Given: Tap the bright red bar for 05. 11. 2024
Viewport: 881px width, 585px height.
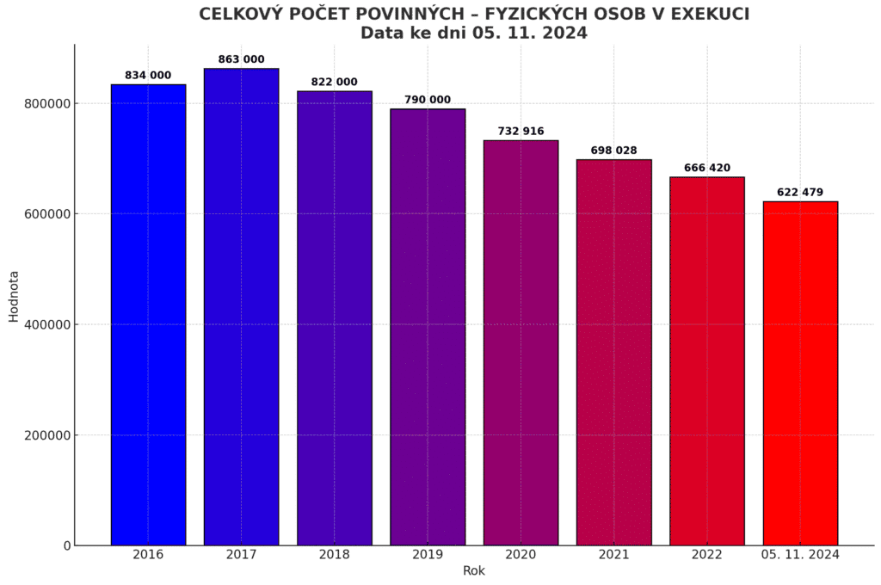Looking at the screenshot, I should coord(800,373).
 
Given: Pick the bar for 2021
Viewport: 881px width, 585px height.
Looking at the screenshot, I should coord(613,353).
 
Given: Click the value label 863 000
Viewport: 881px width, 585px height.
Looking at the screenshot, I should coord(241,59).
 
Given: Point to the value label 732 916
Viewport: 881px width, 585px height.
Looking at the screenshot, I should coord(521,132).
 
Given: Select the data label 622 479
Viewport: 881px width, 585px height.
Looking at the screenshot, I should coord(800,193).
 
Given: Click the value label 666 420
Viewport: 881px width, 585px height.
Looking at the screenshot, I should coord(707,168).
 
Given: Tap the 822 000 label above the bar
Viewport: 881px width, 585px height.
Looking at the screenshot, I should coord(334,83).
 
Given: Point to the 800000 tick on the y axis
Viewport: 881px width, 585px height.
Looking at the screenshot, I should coord(44,104).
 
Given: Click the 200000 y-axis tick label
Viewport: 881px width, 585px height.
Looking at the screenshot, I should coord(44,435).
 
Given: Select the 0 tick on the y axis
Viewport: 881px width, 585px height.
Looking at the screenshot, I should coord(66,545).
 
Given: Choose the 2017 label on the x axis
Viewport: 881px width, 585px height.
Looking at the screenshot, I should coord(241,555).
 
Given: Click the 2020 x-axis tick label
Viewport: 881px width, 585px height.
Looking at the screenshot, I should coord(521,555).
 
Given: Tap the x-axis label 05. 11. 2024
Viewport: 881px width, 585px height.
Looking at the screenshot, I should coord(800,555).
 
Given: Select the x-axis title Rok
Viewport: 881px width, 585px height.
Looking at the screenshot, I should coord(474,571).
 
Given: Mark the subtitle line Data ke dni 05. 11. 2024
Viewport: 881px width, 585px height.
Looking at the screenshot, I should coord(474,34).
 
